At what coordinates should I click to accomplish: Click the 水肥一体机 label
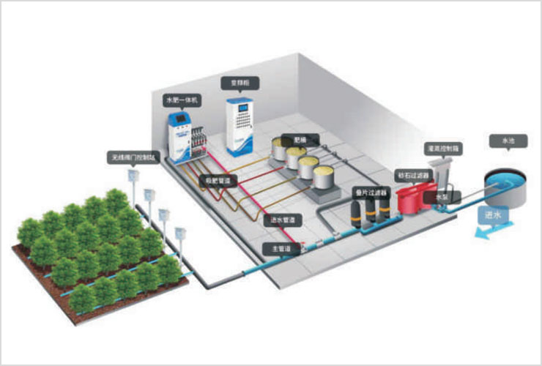click(181, 98)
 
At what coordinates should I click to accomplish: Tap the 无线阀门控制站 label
click(131, 156)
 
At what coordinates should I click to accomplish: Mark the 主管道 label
click(280, 249)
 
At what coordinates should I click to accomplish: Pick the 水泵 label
click(442, 197)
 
